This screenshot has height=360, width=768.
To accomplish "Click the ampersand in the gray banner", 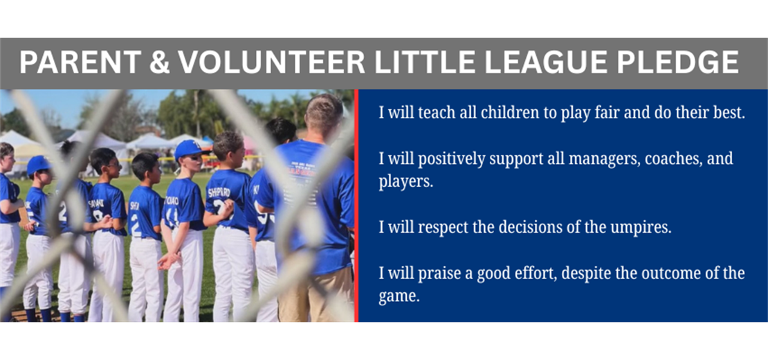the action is [159, 63].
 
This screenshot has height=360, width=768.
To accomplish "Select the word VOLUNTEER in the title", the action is [271, 63].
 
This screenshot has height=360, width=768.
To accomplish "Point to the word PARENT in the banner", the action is [81, 63].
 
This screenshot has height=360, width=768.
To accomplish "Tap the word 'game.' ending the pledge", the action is [399, 297].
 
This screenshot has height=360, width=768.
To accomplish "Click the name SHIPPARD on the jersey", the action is [219, 192].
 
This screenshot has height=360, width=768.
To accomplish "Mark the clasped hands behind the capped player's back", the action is [167, 260].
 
